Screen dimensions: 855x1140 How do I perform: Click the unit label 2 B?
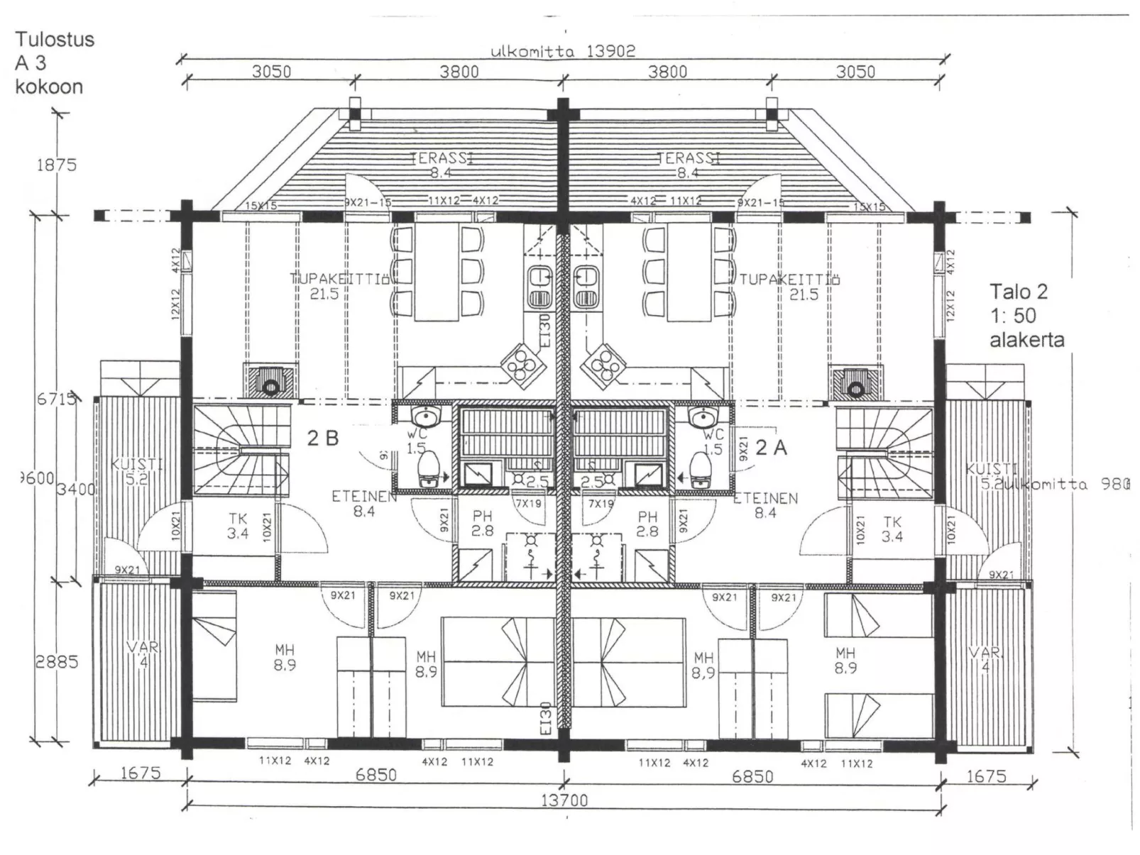coord(322,438)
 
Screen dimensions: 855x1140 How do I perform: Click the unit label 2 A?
coord(771,447)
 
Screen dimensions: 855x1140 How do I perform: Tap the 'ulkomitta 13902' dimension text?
coord(562,51)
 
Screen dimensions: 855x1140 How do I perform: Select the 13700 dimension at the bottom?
coord(564,800)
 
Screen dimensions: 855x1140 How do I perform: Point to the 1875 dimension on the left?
coord(56,165)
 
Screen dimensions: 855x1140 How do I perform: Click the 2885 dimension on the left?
coord(57,661)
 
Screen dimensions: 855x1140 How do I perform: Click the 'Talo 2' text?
coord(1019,292)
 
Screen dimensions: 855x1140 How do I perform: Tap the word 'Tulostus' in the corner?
coord(55,39)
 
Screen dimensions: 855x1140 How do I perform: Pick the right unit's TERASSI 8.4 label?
coord(687,165)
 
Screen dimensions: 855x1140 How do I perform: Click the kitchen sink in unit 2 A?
coord(587,286)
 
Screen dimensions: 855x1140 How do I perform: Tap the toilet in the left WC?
coord(428,470)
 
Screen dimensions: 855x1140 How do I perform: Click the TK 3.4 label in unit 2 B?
coord(238,526)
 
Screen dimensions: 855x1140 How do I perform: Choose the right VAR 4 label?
coord(985,658)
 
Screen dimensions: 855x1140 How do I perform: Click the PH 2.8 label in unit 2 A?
coord(647,524)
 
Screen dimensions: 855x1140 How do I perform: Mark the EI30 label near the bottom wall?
coord(545,718)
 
